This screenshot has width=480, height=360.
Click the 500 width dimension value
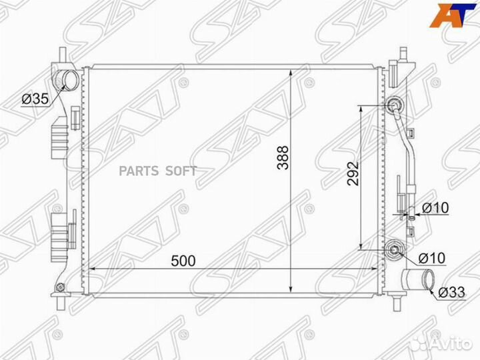[183, 261]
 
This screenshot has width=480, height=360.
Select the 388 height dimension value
[283, 157]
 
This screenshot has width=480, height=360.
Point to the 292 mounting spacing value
[353, 173]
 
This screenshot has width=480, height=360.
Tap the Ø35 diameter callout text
[35, 99]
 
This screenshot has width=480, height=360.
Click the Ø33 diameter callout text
[451, 293]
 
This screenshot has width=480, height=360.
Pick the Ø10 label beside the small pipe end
[435, 208]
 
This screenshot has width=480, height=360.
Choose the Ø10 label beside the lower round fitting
[432, 258]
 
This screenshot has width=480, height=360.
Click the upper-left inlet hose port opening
[71, 79]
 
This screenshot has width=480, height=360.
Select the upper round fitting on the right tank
[395, 105]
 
